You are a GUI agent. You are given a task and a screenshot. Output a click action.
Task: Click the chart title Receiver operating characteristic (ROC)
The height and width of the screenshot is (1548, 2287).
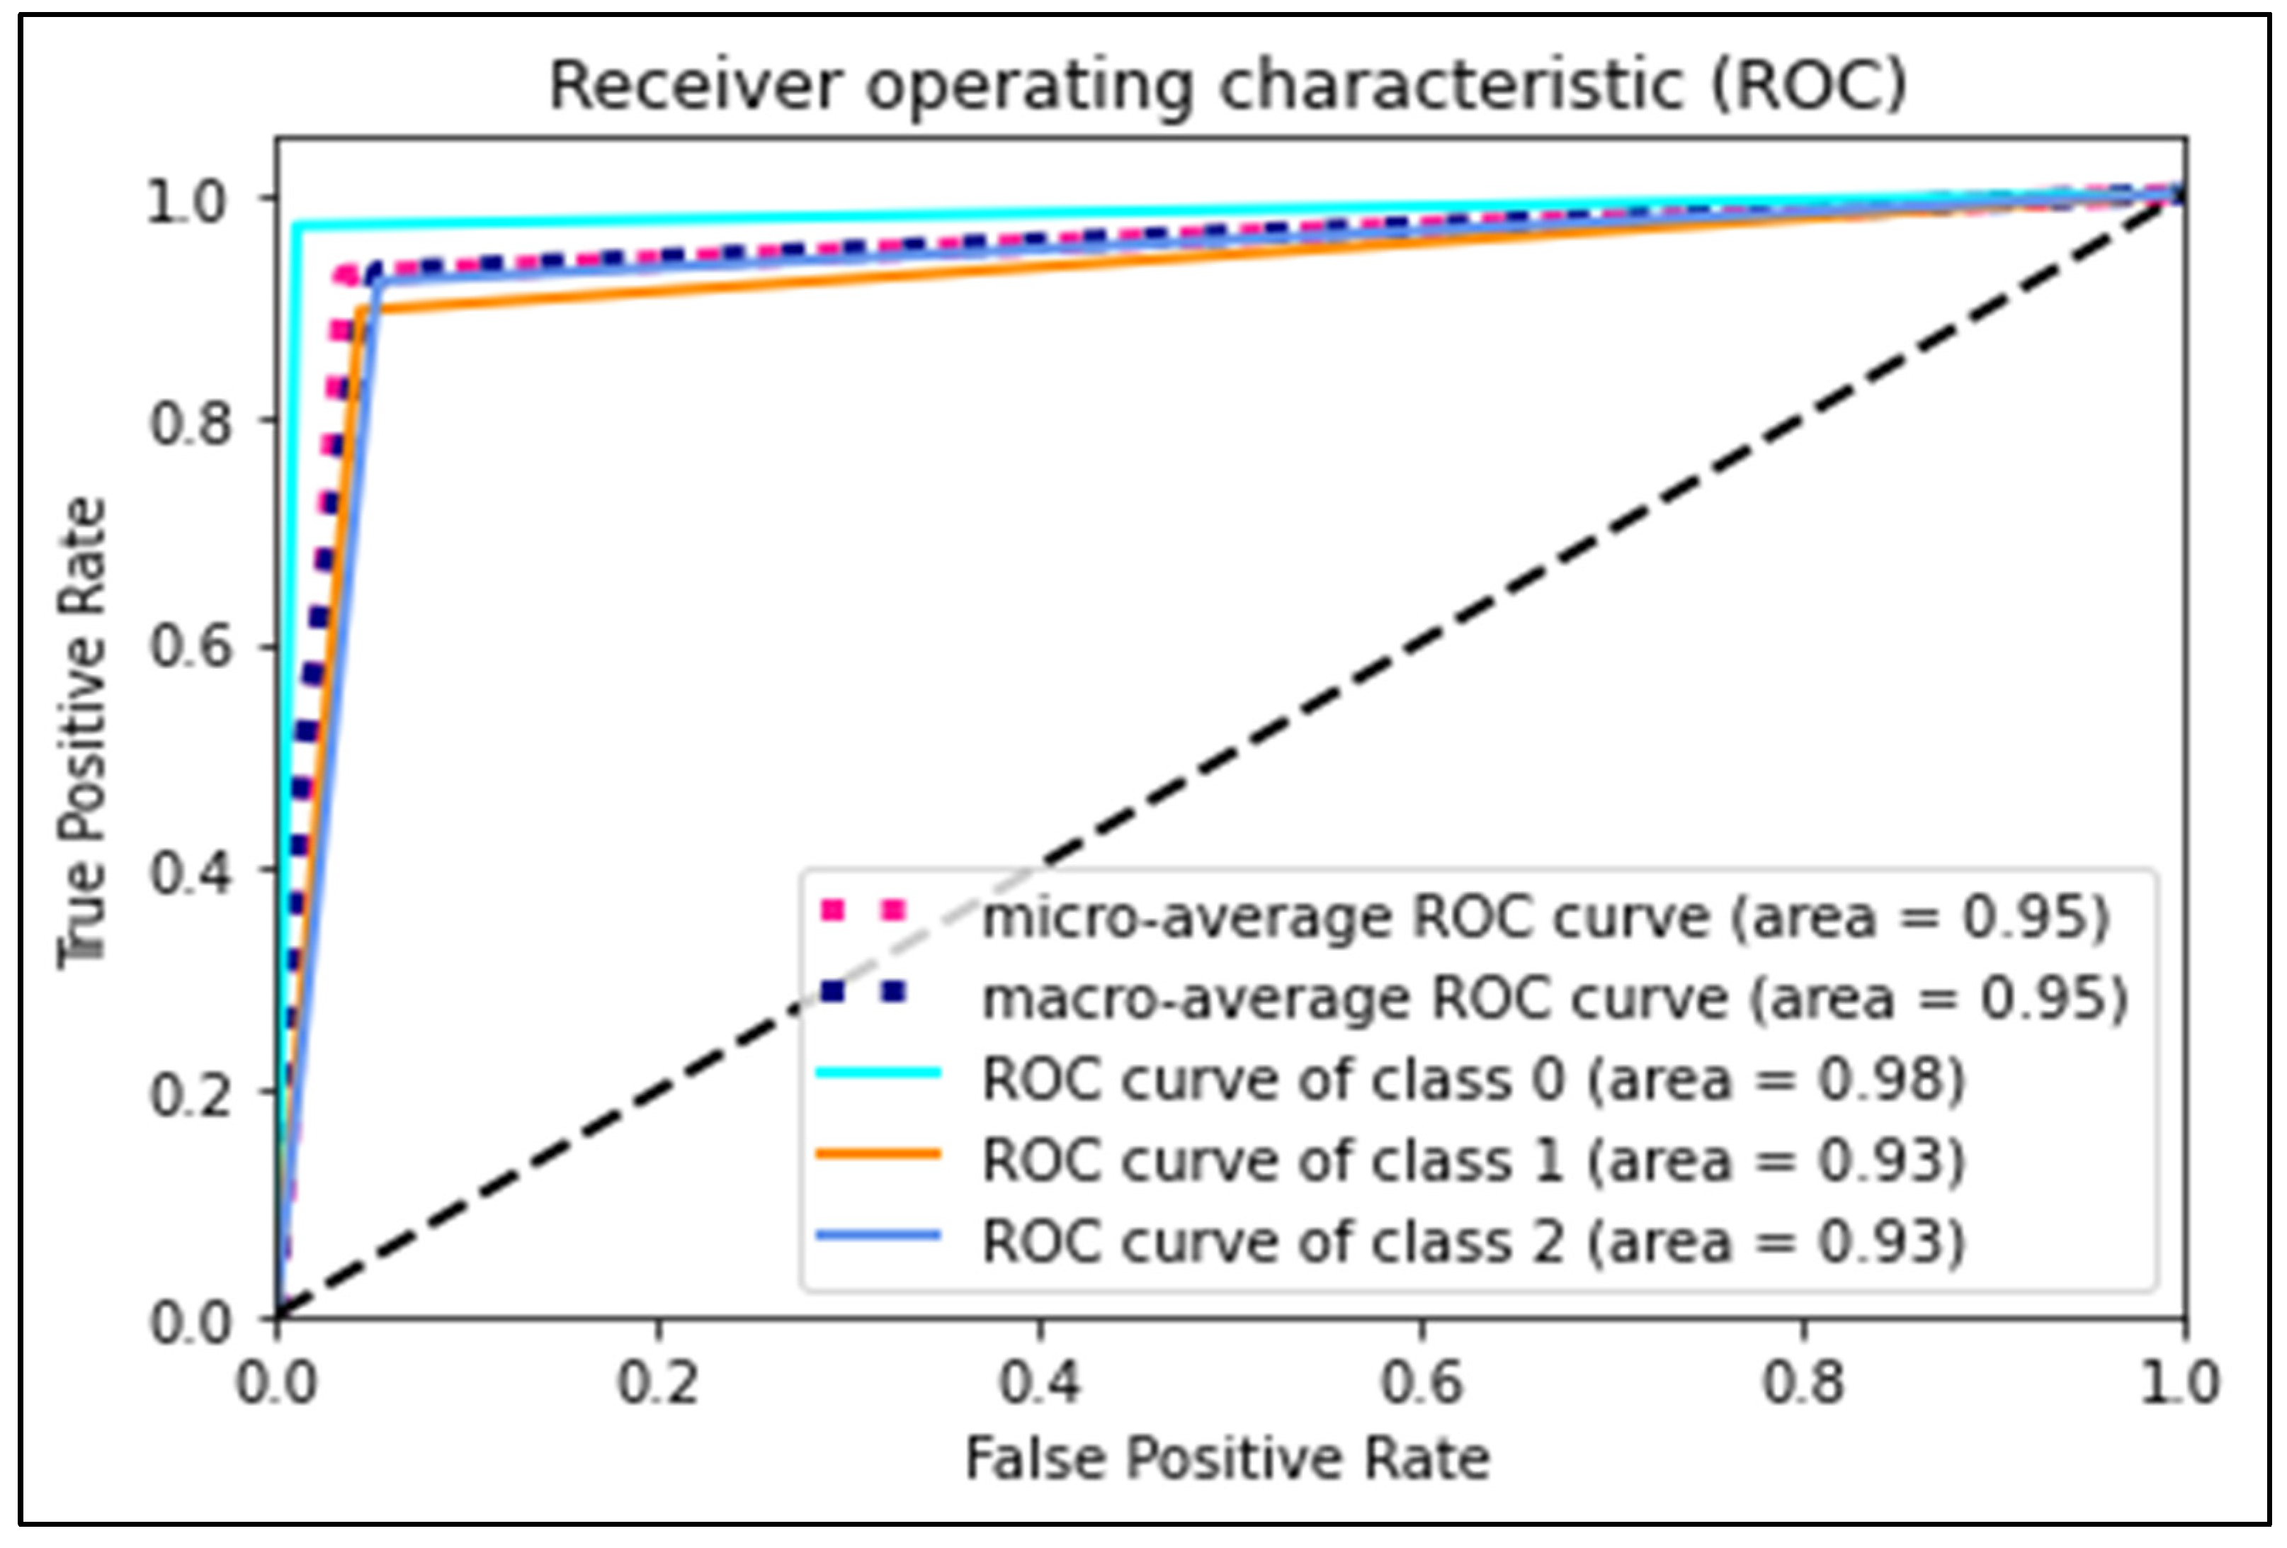[x=1227, y=86]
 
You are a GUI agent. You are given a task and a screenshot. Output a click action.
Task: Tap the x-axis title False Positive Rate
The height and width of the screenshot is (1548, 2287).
[x=1227, y=1457]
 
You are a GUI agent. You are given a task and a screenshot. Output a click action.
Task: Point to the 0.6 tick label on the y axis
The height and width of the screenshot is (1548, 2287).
[x=191, y=648]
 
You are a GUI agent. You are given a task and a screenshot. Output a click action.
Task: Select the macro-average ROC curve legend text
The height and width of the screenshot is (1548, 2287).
[x=1555, y=999]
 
